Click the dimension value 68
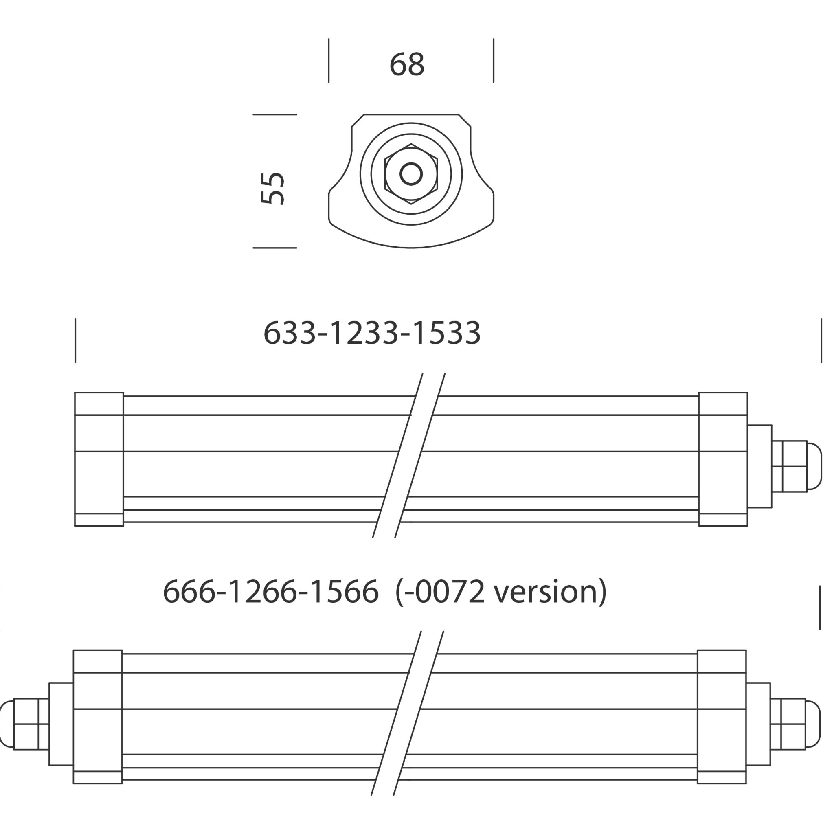point(407,65)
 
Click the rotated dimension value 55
point(272,189)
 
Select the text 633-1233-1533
point(372,333)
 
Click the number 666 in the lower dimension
point(189,592)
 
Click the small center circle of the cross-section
point(411,174)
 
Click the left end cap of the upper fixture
point(99,459)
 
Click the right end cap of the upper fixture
point(723,459)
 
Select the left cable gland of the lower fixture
point(26,724)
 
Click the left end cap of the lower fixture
point(98,717)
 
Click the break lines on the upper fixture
point(408,455)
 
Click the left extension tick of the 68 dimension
point(329,60)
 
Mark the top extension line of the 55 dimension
point(274,114)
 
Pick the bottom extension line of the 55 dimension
point(274,248)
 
